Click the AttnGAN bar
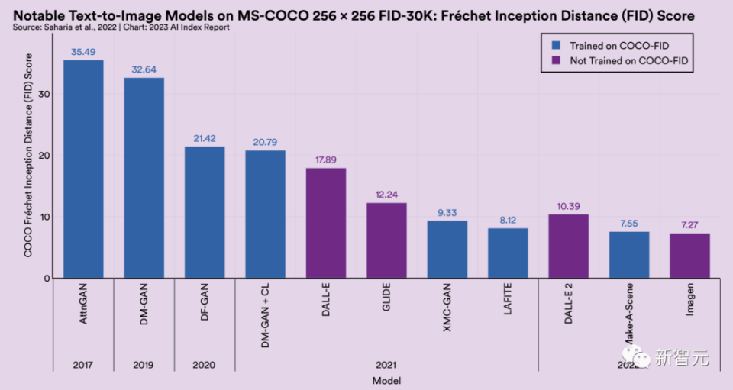[x=83, y=169]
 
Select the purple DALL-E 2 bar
[x=568, y=247]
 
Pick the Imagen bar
[x=689, y=256]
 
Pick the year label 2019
[x=144, y=364]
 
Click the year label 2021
[x=386, y=364]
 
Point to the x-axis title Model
[x=386, y=380]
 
